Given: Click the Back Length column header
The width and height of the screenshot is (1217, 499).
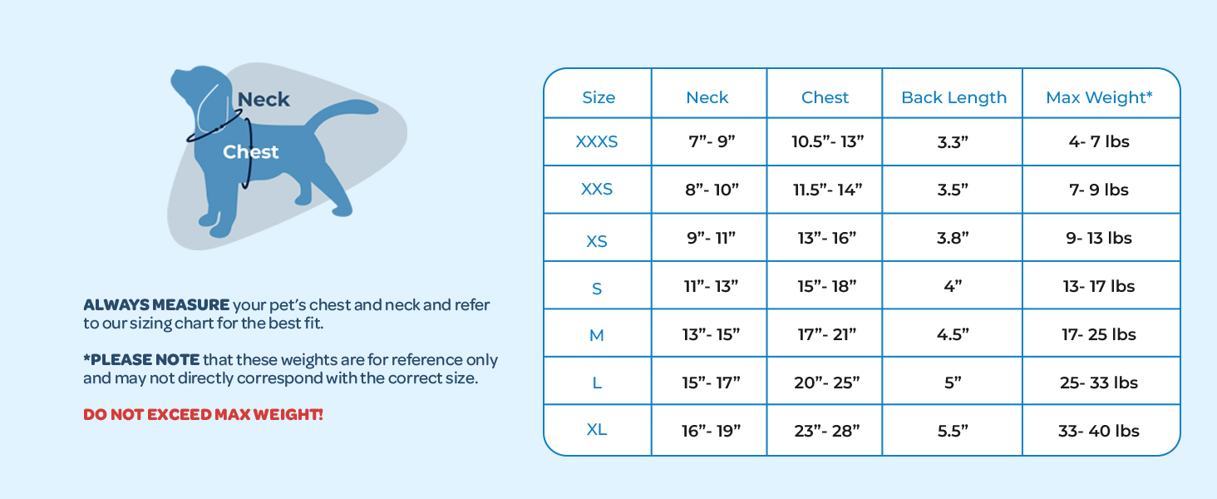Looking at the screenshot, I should click(x=953, y=97).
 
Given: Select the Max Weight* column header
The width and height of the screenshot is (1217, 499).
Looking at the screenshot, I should click(x=1099, y=97).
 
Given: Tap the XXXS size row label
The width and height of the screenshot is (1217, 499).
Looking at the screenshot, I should click(x=597, y=141).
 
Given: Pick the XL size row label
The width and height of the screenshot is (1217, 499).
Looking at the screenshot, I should click(x=597, y=430).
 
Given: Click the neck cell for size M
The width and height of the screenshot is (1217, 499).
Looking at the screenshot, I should click(x=707, y=334).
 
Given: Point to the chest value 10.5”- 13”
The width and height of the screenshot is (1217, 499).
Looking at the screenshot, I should click(x=828, y=141).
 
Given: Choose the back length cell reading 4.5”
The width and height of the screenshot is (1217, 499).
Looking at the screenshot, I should click(x=953, y=334).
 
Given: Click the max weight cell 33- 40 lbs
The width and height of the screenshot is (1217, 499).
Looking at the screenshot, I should click(x=1099, y=431).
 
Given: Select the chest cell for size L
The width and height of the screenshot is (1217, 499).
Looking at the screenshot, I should click(x=828, y=383).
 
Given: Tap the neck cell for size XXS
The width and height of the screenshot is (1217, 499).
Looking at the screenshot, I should click(x=707, y=190).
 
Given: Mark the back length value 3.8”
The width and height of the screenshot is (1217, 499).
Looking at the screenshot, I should click(x=953, y=238).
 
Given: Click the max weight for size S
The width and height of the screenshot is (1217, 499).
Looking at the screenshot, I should click(x=1099, y=286).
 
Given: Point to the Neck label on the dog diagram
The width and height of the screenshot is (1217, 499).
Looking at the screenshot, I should click(x=264, y=100).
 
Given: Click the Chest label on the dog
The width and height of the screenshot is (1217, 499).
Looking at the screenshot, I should click(x=250, y=152).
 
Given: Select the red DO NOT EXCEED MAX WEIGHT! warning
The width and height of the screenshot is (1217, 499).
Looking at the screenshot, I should click(x=203, y=414).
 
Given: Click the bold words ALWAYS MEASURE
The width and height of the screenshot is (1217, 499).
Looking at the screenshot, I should click(x=156, y=305).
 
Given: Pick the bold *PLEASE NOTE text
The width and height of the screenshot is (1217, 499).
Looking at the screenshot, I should click(x=141, y=360).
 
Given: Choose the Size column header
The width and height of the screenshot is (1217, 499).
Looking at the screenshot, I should click(x=599, y=97).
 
